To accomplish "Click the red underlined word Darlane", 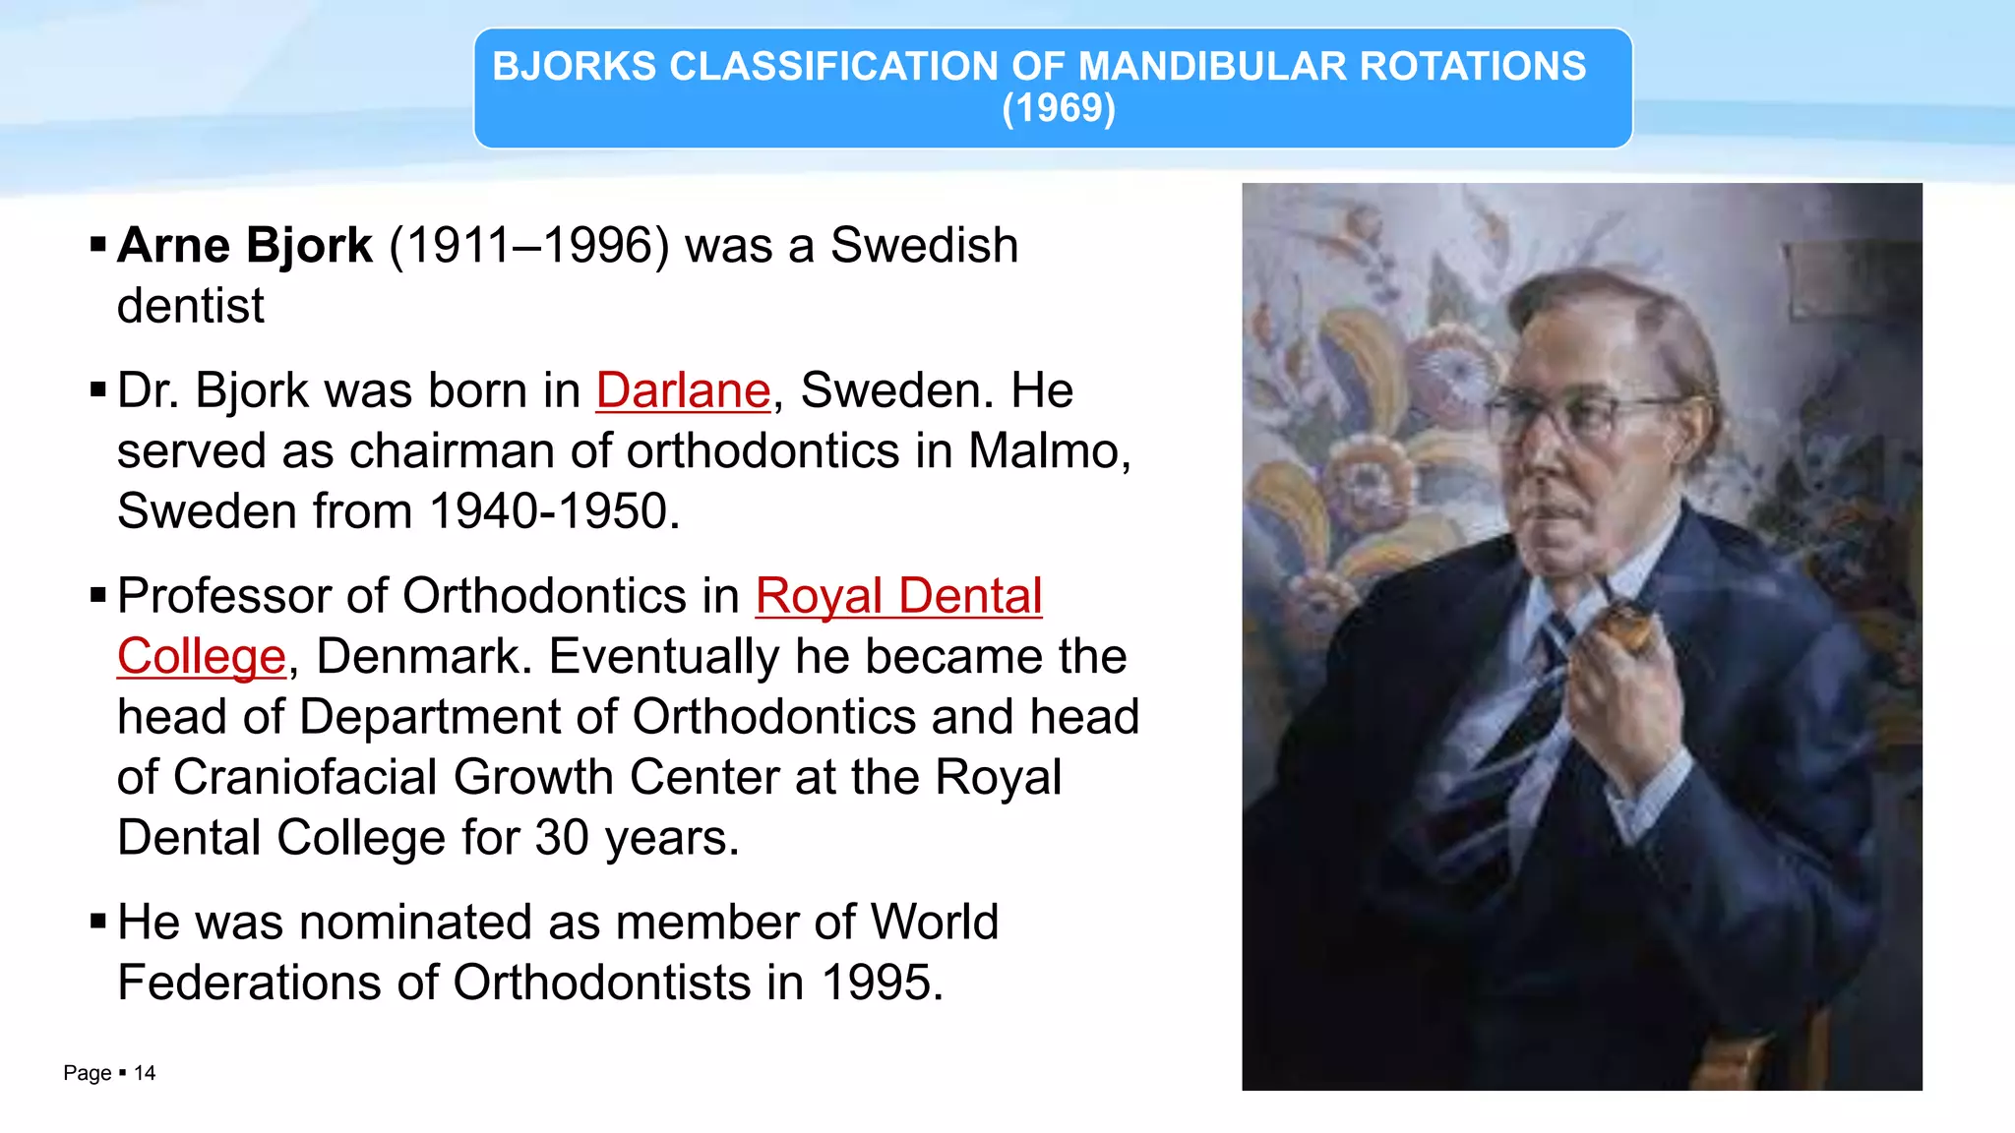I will (x=683, y=390).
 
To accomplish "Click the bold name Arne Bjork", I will (x=244, y=245).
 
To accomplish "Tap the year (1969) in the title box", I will (x=1058, y=108).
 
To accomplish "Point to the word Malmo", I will (x=1047, y=451).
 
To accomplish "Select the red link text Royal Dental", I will (x=898, y=596).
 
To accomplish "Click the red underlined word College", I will (x=201, y=657).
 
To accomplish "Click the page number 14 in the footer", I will (x=145, y=1073).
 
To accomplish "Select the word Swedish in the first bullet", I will (x=923, y=245).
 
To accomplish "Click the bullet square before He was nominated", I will (x=97, y=922).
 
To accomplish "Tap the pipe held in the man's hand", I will (x=1623, y=626).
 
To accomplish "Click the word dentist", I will (x=190, y=306).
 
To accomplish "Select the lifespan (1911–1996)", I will (x=529, y=245).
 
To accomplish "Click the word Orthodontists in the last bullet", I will (x=602, y=983).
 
